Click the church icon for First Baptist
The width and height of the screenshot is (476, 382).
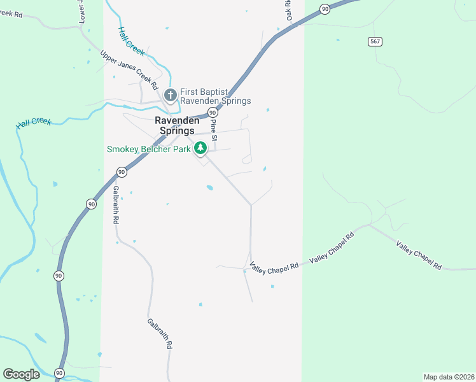[x=170, y=95]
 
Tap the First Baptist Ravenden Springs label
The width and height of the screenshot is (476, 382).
[x=215, y=96]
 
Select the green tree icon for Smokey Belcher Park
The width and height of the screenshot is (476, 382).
[x=201, y=148]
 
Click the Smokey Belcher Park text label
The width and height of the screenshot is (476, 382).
[x=148, y=150]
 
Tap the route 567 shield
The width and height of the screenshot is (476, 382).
[x=375, y=41]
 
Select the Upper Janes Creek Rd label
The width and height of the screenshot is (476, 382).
[x=129, y=68]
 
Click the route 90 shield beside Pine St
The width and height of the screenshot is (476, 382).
[x=212, y=111]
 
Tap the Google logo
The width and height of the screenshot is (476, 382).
[x=21, y=374]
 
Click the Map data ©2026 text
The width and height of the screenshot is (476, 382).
[x=449, y=377]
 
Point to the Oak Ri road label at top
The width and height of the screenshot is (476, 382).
[x=288, y=11]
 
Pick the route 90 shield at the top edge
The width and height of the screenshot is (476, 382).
[x=325, y=8]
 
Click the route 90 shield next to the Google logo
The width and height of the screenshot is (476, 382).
[x=59, y=372]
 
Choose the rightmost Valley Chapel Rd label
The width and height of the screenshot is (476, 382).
[x=419, y=255]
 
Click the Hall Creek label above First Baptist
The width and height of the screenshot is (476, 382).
[x=131, y=39]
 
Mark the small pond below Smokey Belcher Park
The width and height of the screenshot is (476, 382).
[x=209, y=187]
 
